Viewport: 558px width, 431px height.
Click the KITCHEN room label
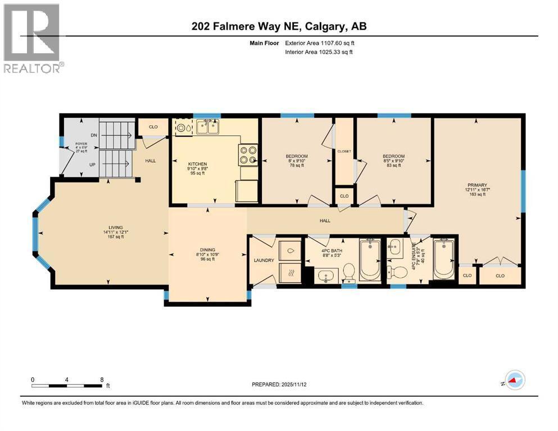point(198,164)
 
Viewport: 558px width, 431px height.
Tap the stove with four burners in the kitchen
point(248,154)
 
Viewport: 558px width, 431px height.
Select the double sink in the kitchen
point(207,127)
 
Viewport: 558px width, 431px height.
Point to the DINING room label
point(207,250)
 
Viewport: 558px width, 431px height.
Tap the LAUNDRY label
point(264,260)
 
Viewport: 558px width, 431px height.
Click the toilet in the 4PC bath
point(348,274)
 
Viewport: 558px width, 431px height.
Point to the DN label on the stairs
point(94,135)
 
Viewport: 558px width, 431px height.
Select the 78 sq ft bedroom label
point(297,160)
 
